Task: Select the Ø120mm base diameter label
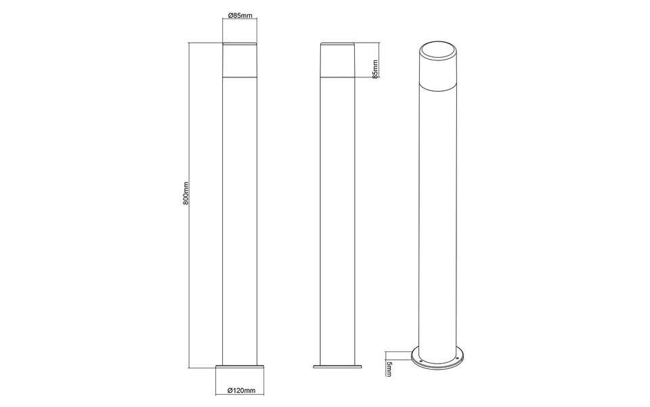tap(241, 391)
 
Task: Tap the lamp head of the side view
tap(338, 59)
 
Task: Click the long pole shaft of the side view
tap(338, 217)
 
